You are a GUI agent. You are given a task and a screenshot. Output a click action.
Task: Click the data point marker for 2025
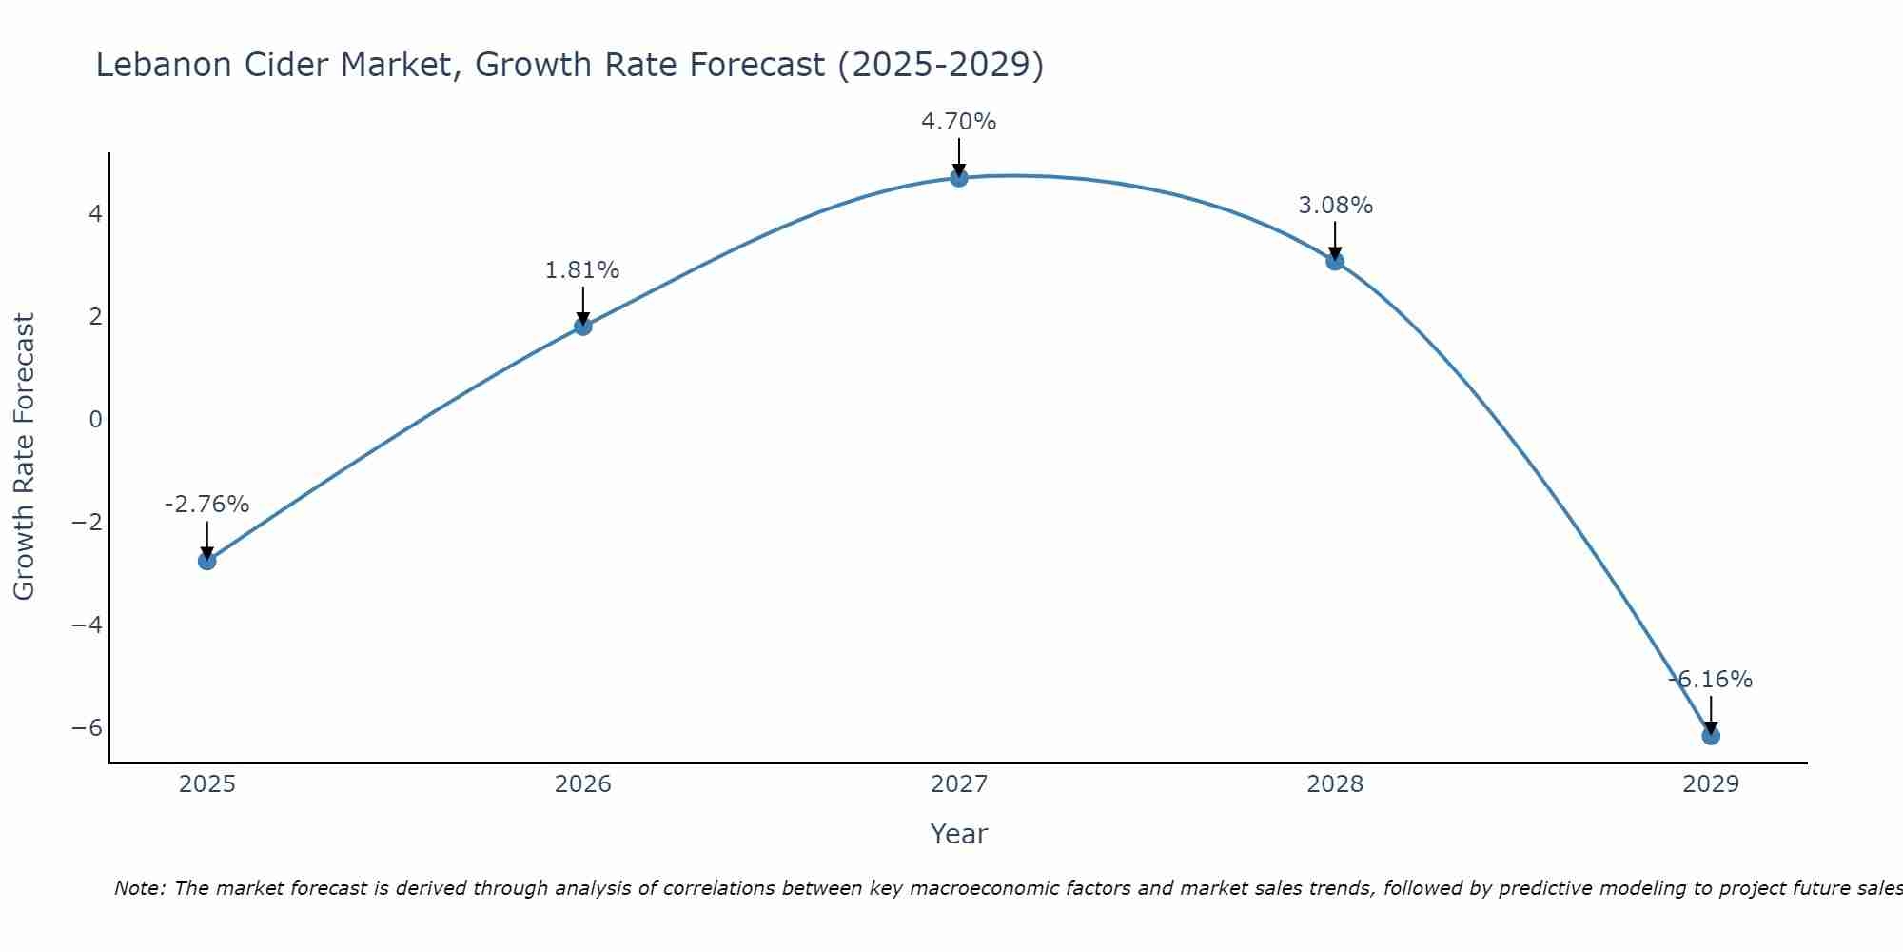206,561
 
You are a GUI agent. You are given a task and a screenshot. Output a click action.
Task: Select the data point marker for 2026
583,326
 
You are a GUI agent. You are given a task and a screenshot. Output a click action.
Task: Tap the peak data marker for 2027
959,177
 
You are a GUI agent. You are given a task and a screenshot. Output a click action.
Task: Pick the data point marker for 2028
1335,261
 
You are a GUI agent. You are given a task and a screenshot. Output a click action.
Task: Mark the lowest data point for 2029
1711,736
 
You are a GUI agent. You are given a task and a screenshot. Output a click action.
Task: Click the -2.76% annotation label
206,505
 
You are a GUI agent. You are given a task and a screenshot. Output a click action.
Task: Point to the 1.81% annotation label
582,270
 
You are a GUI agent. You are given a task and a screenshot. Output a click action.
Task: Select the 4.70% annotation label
958,122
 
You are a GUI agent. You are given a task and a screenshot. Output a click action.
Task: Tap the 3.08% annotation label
1335,206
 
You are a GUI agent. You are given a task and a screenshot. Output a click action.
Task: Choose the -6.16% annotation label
1710,680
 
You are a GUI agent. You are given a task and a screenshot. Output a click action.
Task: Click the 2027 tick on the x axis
959,784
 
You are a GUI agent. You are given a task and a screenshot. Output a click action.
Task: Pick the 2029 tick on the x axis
1711,784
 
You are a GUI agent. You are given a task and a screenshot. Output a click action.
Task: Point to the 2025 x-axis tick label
206,784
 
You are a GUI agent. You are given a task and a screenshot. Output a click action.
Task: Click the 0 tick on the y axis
95,420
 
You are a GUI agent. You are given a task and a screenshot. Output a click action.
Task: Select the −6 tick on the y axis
88,728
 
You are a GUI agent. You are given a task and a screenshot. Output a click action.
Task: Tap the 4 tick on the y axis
95,213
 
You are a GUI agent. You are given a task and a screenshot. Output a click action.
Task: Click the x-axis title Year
959,835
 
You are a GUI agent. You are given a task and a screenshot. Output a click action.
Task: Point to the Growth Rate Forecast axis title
25,457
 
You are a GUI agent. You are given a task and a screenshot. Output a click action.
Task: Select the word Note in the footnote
140,889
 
